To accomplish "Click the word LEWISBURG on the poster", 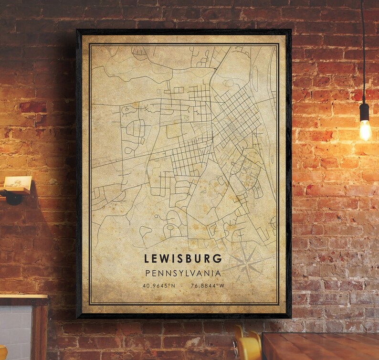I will point(183,259).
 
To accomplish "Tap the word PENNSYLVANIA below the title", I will point(183,274).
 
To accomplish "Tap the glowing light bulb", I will point(365,130).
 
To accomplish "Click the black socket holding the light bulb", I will point(365,112).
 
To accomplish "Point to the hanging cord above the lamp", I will point(363,48).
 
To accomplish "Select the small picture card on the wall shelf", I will point(18,182).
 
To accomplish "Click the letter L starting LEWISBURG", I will point(146,259).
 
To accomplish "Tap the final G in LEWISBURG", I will point(219,259).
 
